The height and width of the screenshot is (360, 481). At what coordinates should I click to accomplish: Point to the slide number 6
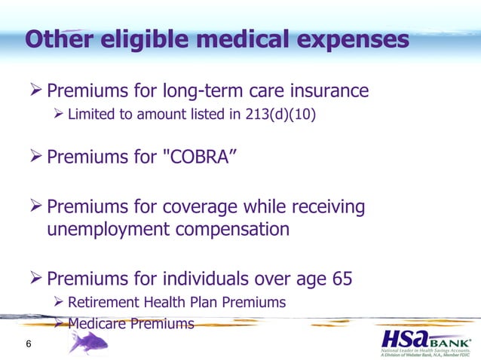28,345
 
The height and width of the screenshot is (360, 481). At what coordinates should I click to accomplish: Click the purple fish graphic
87,343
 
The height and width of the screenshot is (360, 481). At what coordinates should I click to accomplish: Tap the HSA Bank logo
425,343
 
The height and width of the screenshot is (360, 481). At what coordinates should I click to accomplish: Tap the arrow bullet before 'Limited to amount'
58,115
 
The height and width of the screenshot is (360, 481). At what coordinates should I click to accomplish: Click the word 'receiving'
327,206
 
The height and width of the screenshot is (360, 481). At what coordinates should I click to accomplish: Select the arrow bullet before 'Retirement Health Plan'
58,303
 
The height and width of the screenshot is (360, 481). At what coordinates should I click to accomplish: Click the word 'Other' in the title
52,40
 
